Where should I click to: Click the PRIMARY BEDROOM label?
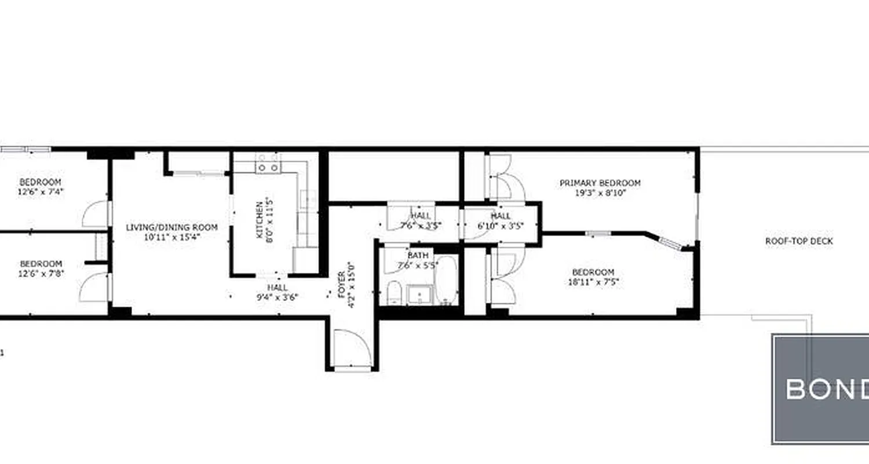(600, 183)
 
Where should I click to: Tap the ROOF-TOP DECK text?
(799, 241)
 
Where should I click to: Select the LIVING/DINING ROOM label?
(172, 227)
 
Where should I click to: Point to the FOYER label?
(341, 285)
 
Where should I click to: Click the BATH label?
(418, 255)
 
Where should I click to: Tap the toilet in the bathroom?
(393, 292)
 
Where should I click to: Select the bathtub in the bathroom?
(446, 281)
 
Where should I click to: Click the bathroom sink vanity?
(418, 295)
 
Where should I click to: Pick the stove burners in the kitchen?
(268, 163)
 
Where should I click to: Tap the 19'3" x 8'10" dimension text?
(600, 193)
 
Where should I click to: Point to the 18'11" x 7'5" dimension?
(593, 282)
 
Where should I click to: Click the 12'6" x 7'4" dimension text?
(40, 192)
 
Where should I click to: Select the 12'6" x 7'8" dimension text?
(40, 273)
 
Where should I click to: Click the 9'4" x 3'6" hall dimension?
(278, 297)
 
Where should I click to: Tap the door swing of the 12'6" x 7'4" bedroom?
(94, 215)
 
